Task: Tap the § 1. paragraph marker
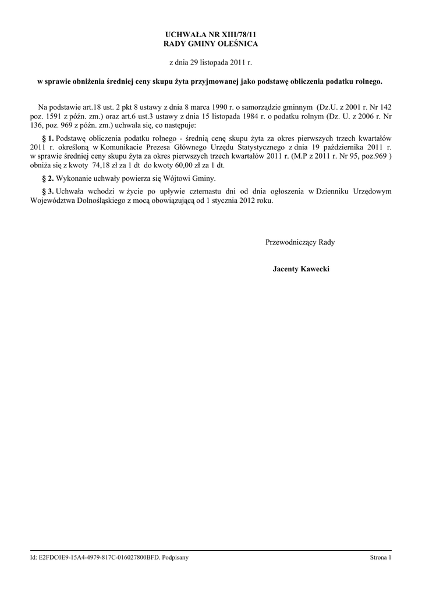[x=48, y=138]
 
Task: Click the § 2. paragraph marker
[x=48, y=178]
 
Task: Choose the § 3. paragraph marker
[x=48, y=191]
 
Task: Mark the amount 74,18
[x=102, y=164]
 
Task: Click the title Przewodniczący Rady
[x=300, y=242]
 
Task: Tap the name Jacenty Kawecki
[x=301, y=270]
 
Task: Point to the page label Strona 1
[x=381, y=558]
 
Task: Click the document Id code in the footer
[x=101, y=558]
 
